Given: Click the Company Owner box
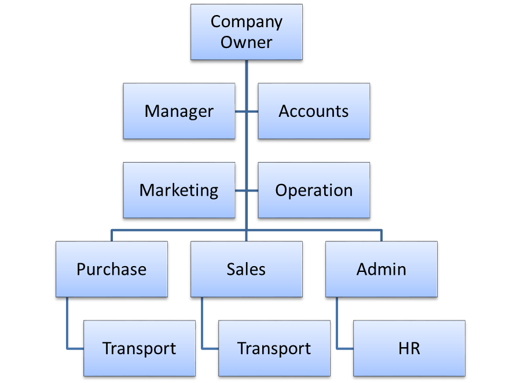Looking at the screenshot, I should point(246,32).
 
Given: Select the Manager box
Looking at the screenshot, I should point(179,111).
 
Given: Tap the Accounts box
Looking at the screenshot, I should point(314,111).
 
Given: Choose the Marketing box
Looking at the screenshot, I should point(179,190).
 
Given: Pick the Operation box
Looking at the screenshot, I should point(314,190).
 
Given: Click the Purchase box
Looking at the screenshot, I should point(112,269).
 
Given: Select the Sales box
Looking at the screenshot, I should point(246,269).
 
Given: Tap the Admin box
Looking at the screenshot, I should point(381,269).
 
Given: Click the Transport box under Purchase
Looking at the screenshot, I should point(140,348).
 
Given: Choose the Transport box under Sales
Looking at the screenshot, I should point(274,348).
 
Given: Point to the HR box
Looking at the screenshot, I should point(409,348).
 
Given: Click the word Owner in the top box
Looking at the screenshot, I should point(246,42).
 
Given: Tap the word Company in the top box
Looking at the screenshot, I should point(246,22).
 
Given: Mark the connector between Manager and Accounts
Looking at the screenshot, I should point(241,111).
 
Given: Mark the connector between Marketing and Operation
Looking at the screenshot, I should point(241,190).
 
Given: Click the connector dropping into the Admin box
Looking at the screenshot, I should point(381,235).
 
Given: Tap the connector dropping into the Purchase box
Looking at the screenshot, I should point(112,235).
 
